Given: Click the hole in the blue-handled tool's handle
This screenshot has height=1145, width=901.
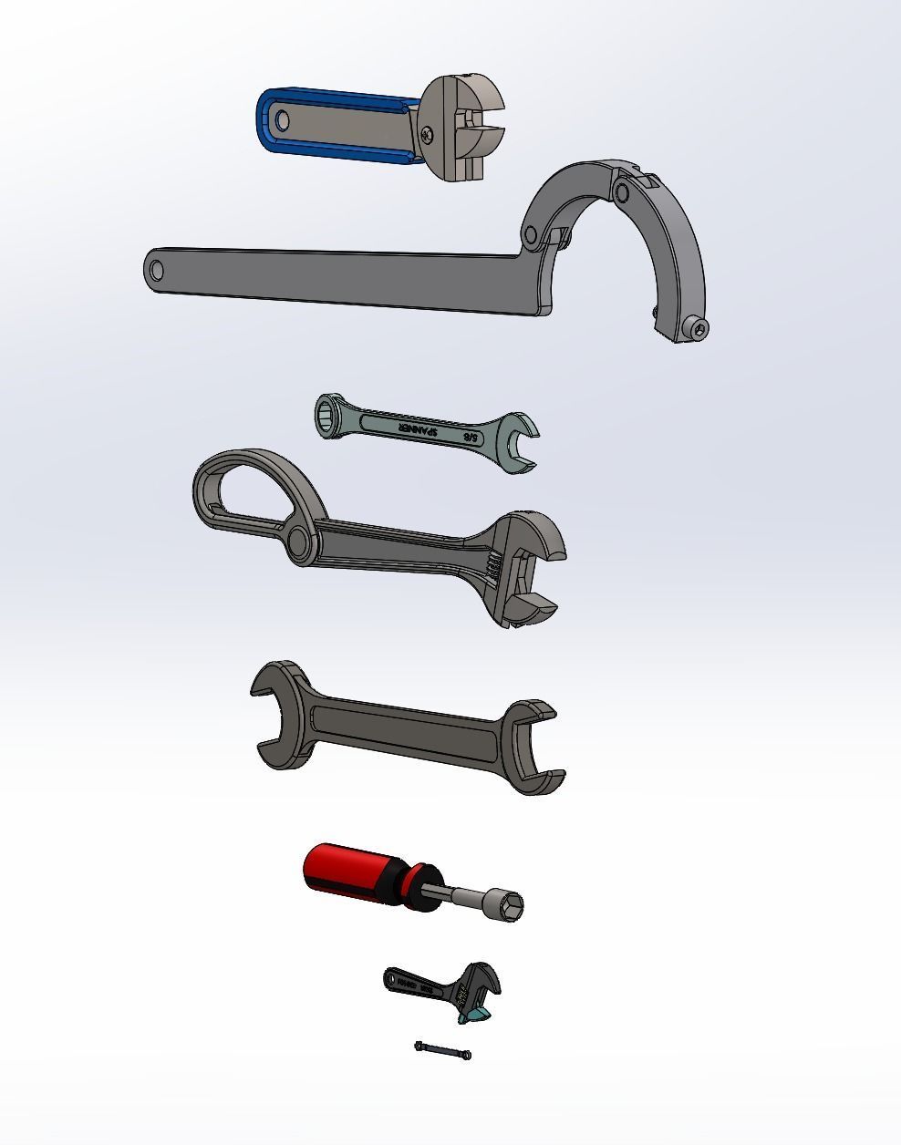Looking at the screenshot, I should (x=279, y=119).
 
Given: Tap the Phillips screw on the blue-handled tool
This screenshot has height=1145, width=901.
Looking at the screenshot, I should (x=428, y=136).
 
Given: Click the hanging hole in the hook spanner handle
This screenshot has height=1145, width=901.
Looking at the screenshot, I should (x=157, y=270).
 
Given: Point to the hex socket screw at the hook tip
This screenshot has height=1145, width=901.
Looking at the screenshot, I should (x=699, y=329).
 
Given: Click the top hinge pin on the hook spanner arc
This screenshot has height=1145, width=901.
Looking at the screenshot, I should (x=622, y=192).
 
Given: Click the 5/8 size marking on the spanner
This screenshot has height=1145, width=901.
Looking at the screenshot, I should (x=471, y=438).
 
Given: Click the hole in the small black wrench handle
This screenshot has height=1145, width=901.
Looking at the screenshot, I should (x=390, y=980).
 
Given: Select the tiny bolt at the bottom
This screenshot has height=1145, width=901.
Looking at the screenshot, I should (x=443, y=1051).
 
